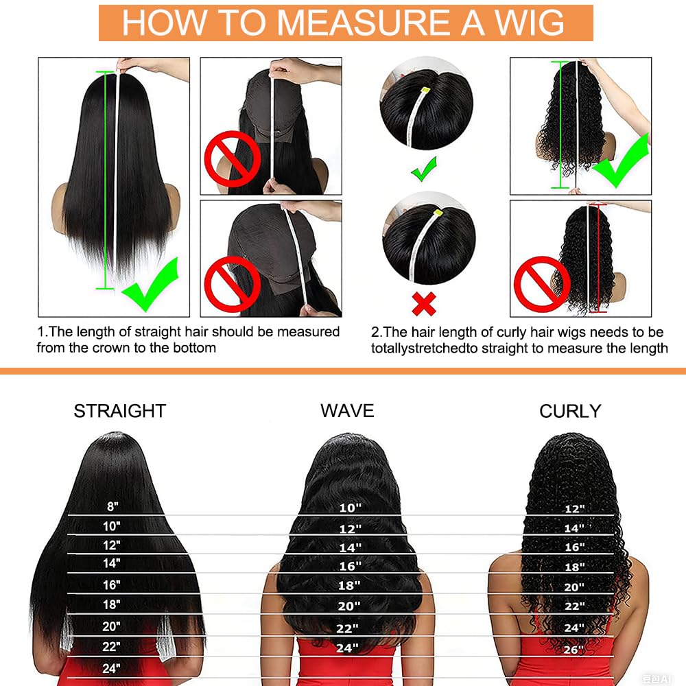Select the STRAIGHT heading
pos(120,411)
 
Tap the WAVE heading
pos(347,411)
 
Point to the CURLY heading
pos(570,411)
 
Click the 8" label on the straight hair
pos(113,506)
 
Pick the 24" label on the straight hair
pos(111,668)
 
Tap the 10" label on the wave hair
pos(351,508)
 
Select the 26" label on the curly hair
pos(573,650)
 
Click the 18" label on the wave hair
pos(349,585)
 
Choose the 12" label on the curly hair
pos(574,509)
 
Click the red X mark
pos(424,304)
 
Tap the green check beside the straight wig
pos(150,285)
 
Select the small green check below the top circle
pos(424,169)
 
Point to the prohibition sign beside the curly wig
pos(542,284)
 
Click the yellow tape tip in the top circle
pos(425,91)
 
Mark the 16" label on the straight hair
pos(112,585)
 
